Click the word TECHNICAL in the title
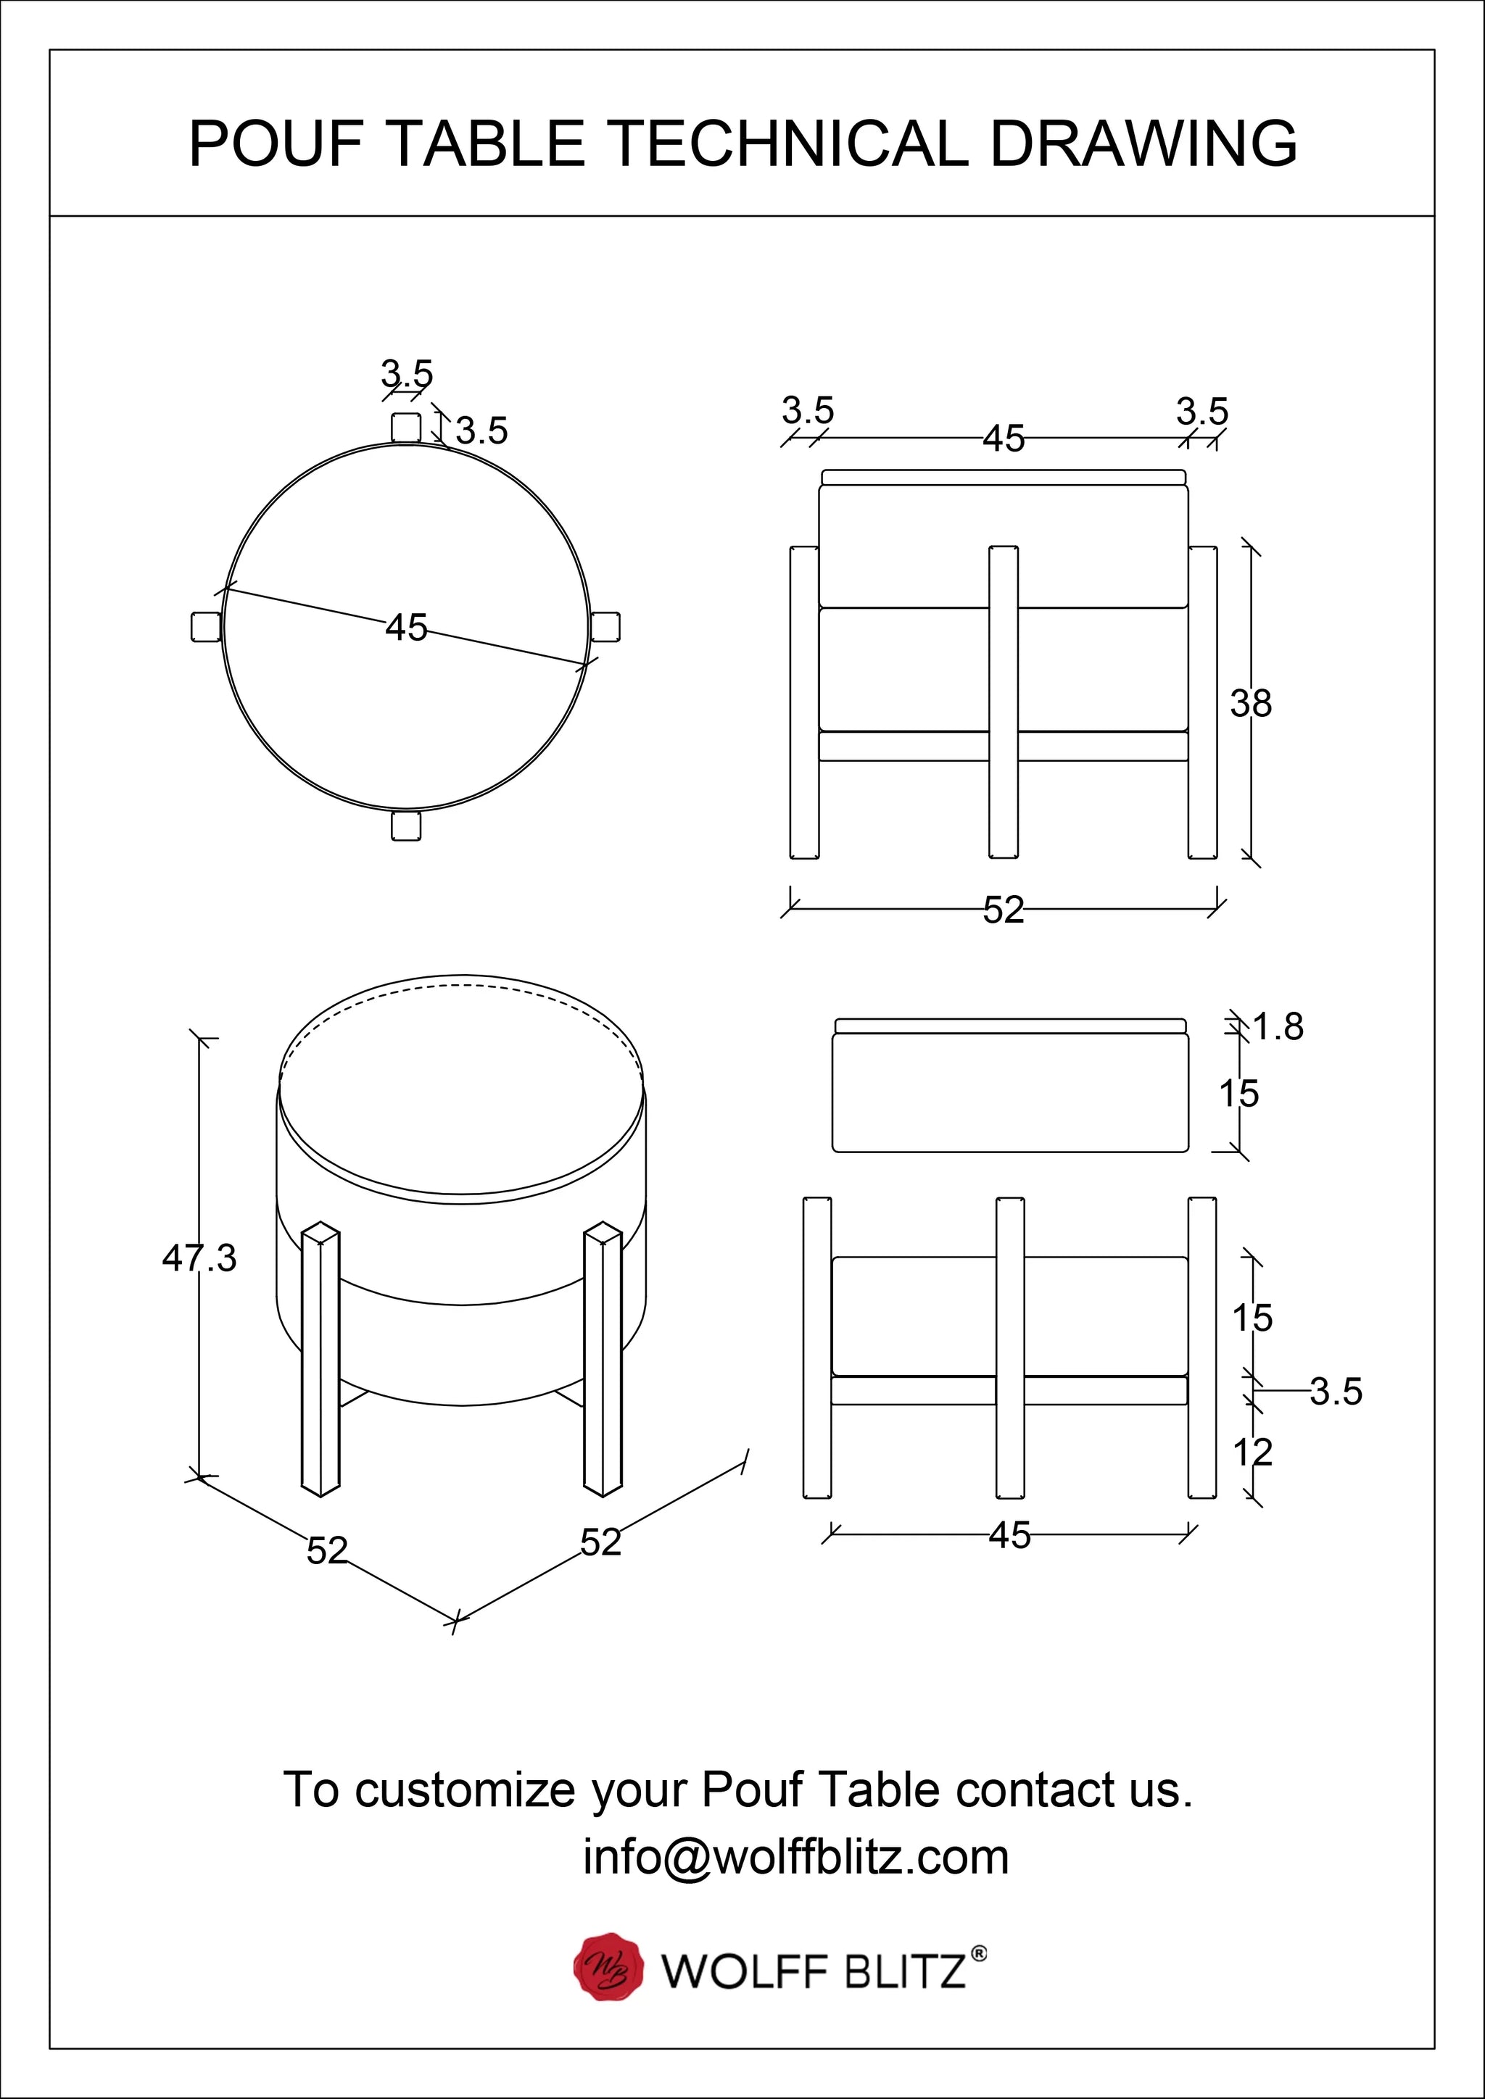[x=787, y=144]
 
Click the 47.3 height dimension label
[x=199, y=1259]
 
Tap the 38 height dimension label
[x=1250, y=704]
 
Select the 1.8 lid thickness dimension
[x=1278, y=1028]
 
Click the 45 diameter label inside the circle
[x=406, y=628]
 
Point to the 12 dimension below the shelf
[x=1252, y=1452]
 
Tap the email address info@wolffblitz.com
[x=795, y=1857]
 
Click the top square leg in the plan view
[x=406, y=427]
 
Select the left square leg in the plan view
[x=206, y=627]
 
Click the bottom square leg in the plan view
[x=405, y=826]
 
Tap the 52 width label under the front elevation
[x=1003, y=910]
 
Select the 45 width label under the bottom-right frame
[x=1009, y=1536]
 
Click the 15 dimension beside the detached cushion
[x=1238, y=1094]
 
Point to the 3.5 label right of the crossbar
[x=1335, y=1392]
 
